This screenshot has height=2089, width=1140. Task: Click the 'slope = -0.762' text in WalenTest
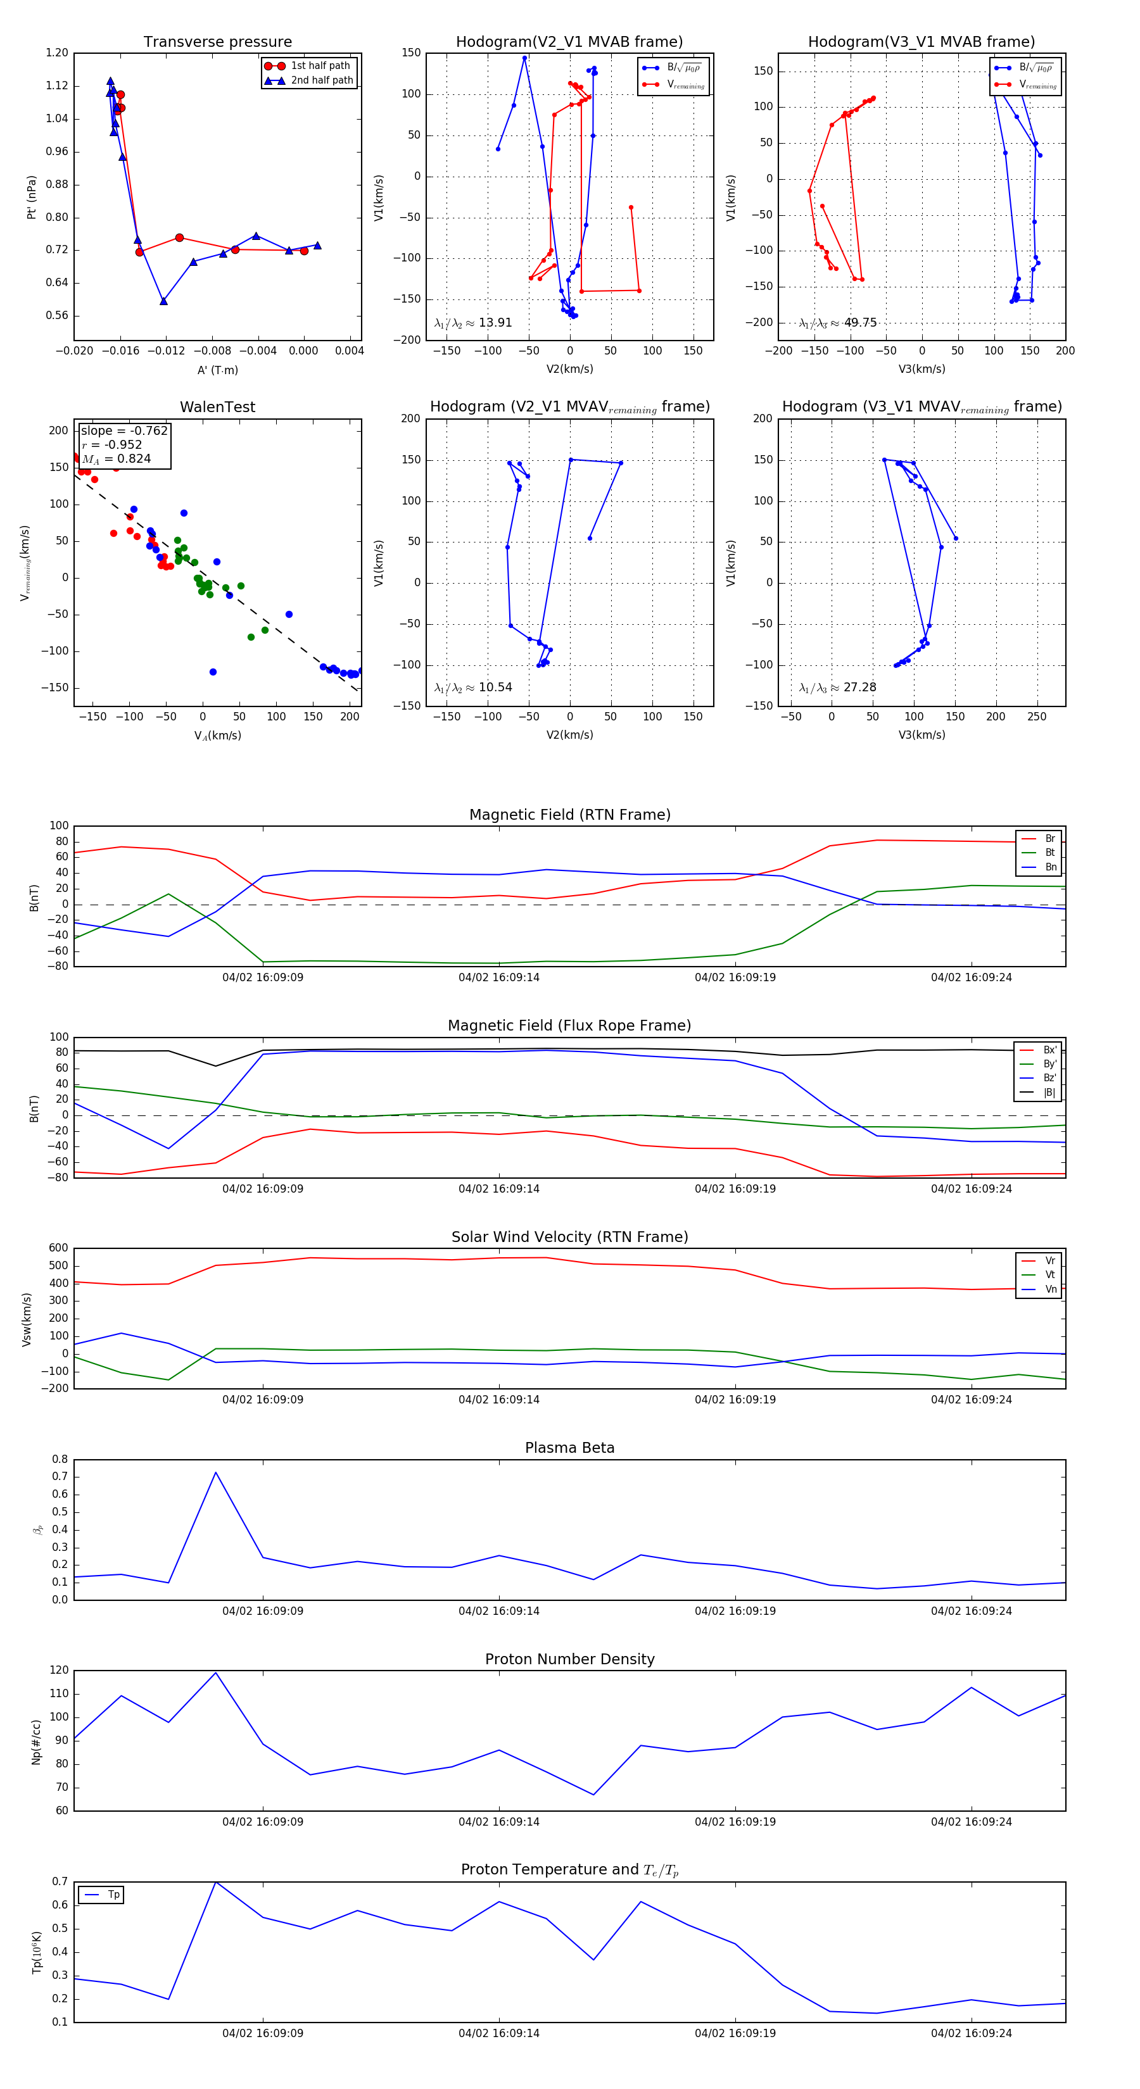(x=123, y=430)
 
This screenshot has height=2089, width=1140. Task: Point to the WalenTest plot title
(x=217, y=407)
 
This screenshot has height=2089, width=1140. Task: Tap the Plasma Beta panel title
(x=569, y=1448)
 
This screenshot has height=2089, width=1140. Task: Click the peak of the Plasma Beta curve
(x=215, y=1472)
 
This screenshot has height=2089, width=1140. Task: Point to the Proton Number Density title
(x=569, y=1659)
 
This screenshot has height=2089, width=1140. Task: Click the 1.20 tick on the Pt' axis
(x=57, y=53)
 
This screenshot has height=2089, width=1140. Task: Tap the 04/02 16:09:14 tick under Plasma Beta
(x=498, y=1610)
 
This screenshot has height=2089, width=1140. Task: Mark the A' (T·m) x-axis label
(x=217, y=370)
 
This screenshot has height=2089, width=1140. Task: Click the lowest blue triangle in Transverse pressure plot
(x=163, y=301)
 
